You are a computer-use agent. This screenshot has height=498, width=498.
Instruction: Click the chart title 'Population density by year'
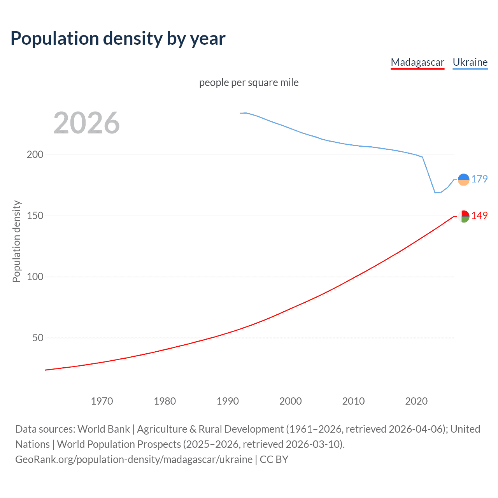point(118,39)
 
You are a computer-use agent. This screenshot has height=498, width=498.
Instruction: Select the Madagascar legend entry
point(417,62)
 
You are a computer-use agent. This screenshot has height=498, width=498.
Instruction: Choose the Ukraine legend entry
point(470,62)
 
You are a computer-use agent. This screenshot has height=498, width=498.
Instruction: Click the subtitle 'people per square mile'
point(249,83)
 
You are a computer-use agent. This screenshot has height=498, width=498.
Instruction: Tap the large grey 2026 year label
point(86,123)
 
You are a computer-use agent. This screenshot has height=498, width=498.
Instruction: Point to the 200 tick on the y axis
point(35,155)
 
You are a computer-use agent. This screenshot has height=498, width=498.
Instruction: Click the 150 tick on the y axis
point(35,216)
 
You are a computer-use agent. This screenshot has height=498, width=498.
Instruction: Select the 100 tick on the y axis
point(35,277)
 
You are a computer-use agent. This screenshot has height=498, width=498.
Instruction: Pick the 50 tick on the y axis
point(38,338)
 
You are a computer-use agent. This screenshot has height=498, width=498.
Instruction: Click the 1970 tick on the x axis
point(102,401)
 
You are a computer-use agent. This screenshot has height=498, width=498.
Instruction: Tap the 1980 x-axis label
point(165,401)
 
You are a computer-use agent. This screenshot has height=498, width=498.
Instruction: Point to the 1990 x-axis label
point(228,401)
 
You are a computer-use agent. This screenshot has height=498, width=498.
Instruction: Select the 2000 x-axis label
point(291,401)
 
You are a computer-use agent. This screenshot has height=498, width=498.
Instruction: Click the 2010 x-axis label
point(353,401)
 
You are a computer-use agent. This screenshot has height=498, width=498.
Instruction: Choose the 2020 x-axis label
point(416,401)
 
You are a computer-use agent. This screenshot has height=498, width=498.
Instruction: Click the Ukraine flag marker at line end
point(463,179)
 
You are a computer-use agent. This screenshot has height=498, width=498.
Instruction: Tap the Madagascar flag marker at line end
point(463,216)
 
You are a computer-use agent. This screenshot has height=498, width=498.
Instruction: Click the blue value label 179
point(479,179)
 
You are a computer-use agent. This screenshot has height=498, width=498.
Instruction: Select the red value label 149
point(479,216)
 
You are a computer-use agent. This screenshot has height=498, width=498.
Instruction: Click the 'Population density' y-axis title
point(16,241)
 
